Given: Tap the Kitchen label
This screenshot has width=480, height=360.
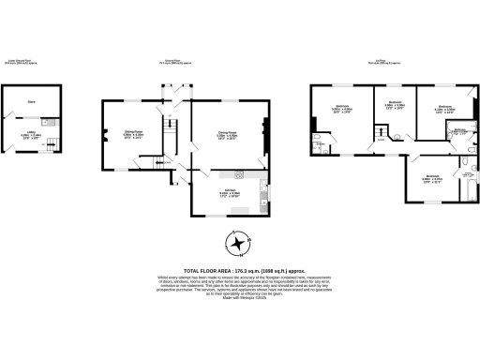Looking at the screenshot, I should pos(231,193).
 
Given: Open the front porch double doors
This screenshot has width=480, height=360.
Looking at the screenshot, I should pos(172,95).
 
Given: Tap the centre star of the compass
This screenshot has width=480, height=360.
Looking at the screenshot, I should pos(240,246).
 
